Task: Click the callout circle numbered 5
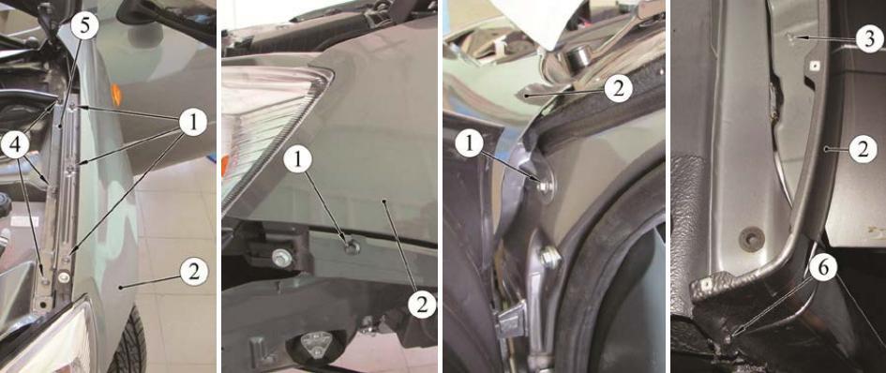[85, 26]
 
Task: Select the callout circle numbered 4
[16, 146]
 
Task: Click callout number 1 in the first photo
[193, 123]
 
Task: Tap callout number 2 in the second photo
[423, 306]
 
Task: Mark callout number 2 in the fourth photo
[863, 150]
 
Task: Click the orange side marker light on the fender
[116, 95]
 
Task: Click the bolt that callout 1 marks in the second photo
[352, 245]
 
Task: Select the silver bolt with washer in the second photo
[281, 258]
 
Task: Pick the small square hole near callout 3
[814, 66]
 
